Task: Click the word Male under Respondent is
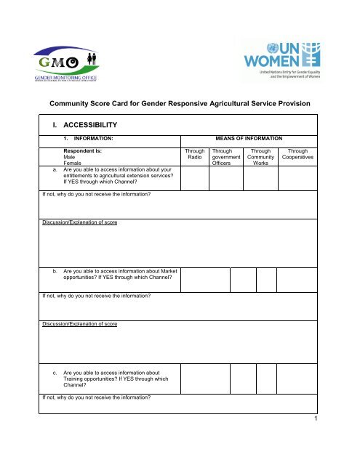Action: [70, 161]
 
